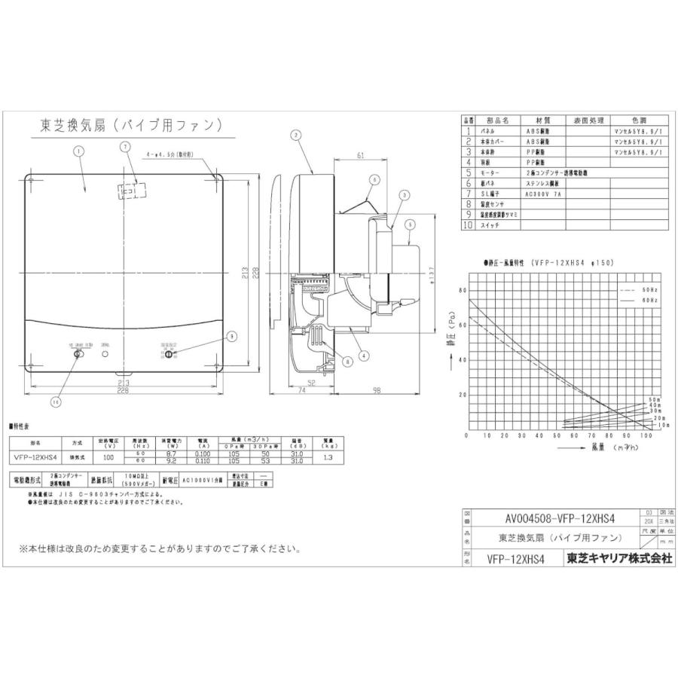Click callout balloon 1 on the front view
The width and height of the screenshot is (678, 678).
click(78, 150)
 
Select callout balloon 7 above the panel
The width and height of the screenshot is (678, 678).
click(125, 147)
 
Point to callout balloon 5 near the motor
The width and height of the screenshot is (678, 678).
click(410, 224)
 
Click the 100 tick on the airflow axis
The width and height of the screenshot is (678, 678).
click(645, 436)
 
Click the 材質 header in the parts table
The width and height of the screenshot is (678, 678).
click(543, 121)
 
